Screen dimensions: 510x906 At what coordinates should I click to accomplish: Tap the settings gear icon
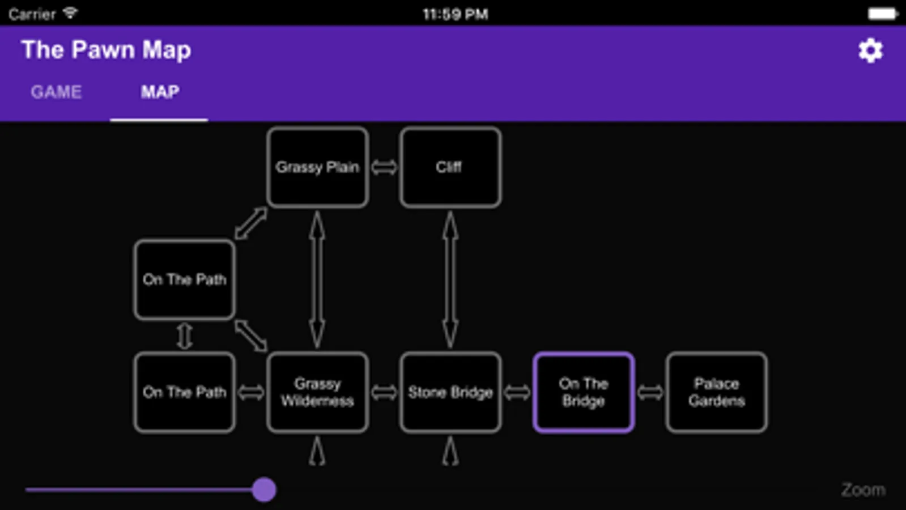point(870,51)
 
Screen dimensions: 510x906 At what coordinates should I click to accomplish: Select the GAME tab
point(56,92)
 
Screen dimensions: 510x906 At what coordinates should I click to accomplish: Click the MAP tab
point(160,92)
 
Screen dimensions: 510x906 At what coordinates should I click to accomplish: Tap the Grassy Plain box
point(317,167)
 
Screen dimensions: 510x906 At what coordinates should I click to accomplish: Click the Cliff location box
point(450,167)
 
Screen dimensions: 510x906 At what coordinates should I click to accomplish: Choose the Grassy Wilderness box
point(317,392)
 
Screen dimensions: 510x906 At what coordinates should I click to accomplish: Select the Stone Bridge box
point(450,392)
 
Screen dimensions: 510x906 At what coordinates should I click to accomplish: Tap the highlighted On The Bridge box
point(583,392)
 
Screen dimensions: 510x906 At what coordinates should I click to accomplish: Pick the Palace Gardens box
point(716,392)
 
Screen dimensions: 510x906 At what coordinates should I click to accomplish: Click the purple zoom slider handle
point(264,490)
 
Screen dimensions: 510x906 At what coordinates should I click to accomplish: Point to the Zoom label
point(862,490)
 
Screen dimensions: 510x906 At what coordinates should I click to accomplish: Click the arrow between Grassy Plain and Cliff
point(384,167)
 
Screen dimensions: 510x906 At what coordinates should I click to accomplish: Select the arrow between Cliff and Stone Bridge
point(450,279)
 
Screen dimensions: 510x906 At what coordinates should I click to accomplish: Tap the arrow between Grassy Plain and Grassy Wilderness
point(317,279)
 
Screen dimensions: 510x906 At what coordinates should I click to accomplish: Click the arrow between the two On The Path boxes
point(185,336)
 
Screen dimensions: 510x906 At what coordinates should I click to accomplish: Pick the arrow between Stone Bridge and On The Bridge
point(517,392)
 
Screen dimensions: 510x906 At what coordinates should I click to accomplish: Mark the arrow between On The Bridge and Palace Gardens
point(650,392)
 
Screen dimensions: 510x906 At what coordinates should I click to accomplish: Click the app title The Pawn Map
point(106,50)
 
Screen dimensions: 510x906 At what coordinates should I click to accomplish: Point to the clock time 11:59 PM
point(455,14)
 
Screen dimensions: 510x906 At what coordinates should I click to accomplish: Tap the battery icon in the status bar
point(882,14)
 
